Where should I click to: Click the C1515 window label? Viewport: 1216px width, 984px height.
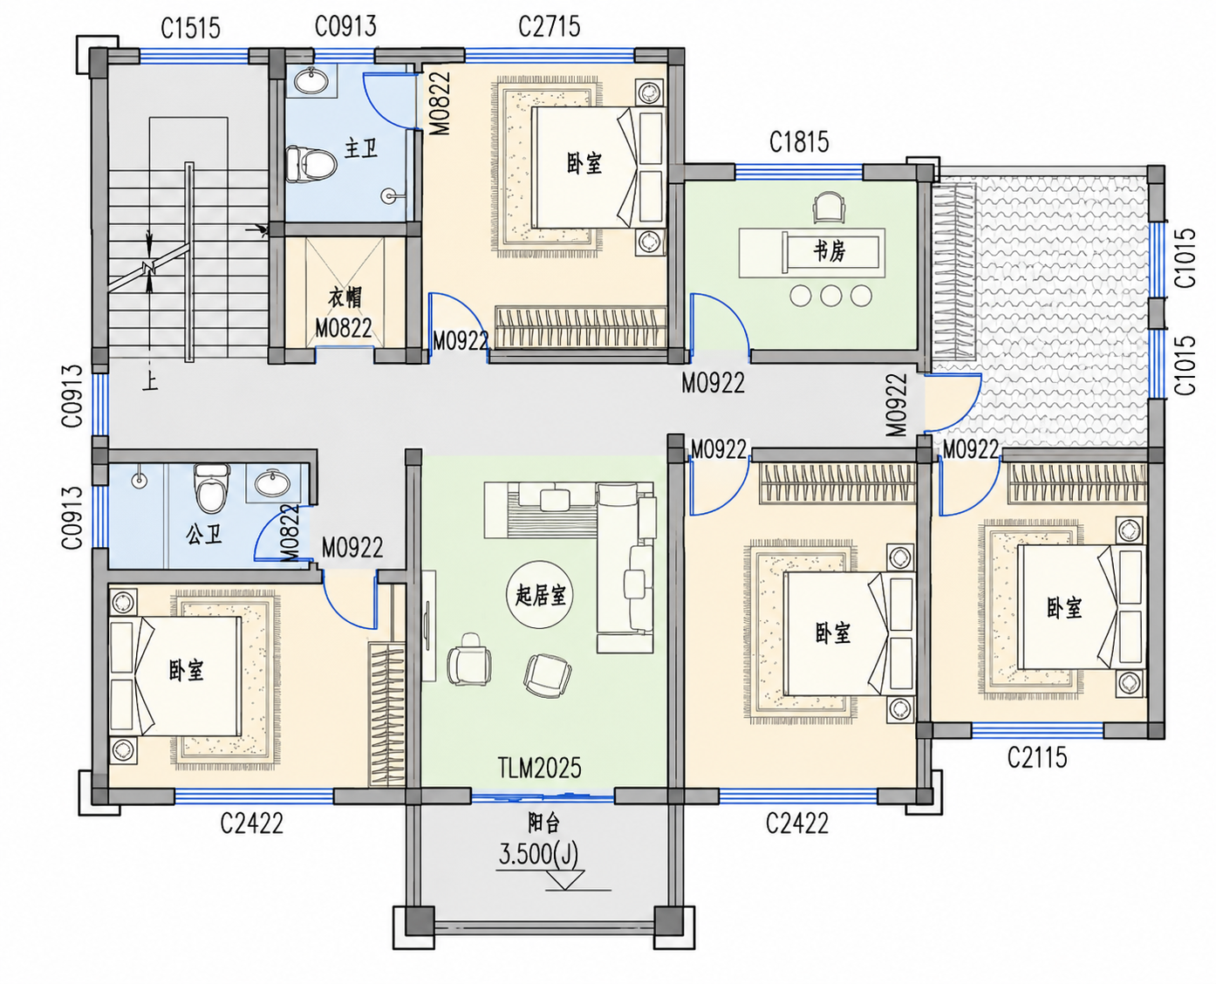coord(190,28)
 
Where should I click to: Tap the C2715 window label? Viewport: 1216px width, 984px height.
coord(550,26)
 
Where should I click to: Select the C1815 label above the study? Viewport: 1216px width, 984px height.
coord(799,142)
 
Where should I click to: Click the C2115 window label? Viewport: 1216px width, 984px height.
coord(1036,757)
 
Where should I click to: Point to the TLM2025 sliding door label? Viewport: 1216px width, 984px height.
coord(539,768)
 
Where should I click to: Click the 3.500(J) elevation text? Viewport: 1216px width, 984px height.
coord(538,854)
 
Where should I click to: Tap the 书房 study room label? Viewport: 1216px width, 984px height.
coord(830,251)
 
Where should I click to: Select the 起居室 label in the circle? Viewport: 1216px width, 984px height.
coord(540,595)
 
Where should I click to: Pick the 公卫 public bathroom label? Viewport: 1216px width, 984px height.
coord(204,534)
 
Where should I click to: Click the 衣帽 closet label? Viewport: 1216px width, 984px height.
coord(345,297)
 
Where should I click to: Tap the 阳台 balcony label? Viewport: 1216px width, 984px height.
coord(543,823)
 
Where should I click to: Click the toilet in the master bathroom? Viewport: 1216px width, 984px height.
coord(311,164)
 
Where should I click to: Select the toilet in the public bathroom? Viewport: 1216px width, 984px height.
coord(210,489)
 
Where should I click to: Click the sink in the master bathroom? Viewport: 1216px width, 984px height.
coord(311,80)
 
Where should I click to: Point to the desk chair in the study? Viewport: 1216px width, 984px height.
coord(830,207)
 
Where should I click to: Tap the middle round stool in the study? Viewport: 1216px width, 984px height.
coord(830,296)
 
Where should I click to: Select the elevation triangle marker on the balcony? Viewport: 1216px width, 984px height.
coord(564,879)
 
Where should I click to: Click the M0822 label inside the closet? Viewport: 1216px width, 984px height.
coord(344,328)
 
